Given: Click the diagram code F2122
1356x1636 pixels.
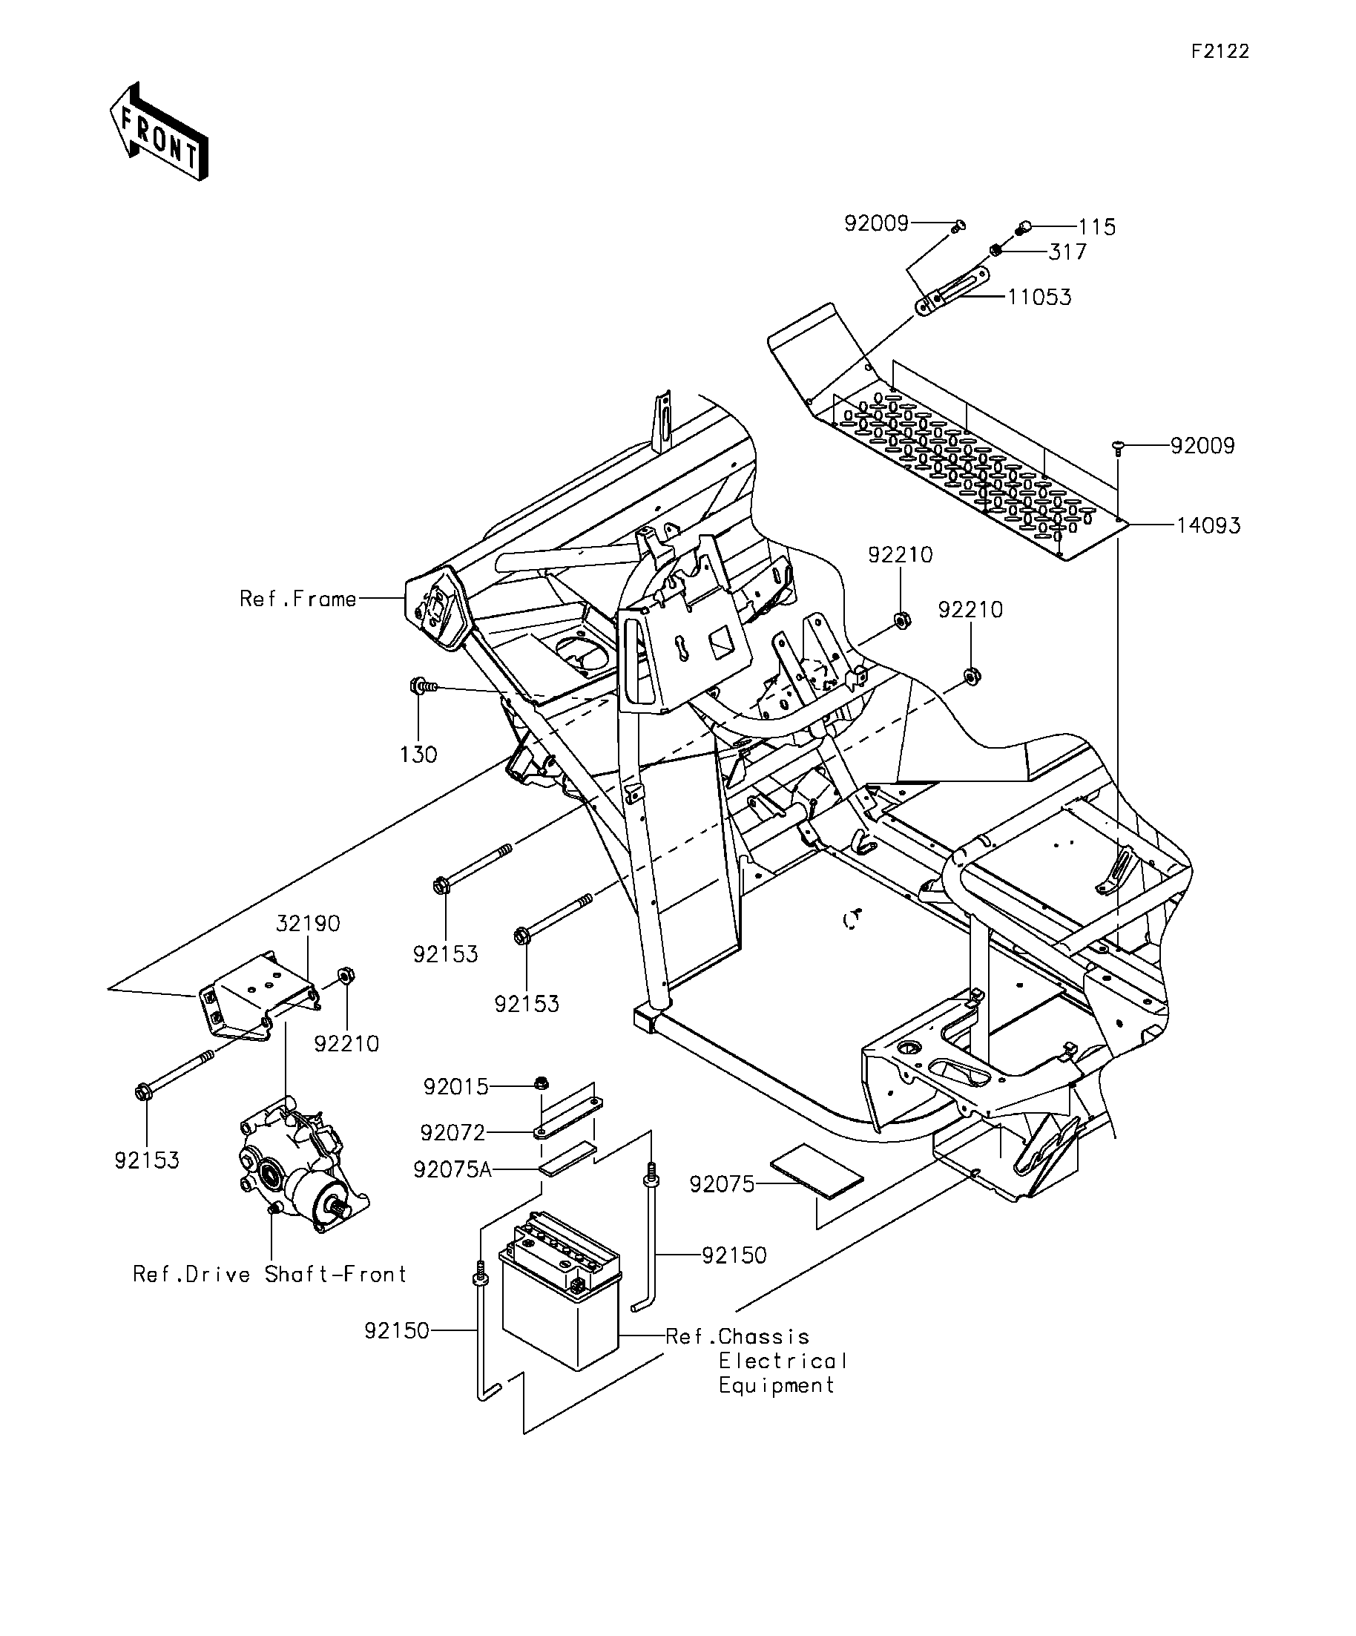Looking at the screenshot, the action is (1220, 51).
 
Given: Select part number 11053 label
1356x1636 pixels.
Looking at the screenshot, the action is (1039, 298).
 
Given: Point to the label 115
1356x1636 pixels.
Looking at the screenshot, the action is (1096, 228).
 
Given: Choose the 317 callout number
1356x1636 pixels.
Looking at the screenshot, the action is (1067, 252).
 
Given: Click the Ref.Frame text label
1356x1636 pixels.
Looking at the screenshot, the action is (298, 599).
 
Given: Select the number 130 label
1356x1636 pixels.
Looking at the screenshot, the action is (418, 755).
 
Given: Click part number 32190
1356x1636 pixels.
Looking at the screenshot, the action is (309, 924).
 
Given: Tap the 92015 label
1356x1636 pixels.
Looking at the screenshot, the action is (455, 1087).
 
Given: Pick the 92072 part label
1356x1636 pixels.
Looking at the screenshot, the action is (452, 1133).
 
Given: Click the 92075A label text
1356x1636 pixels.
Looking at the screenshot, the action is (452, 1170).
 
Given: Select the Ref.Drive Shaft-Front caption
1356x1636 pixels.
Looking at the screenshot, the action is (269, 1275).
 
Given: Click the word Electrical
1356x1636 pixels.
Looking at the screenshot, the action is (783, 1361).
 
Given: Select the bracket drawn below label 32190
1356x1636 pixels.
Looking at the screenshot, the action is (259, 995).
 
